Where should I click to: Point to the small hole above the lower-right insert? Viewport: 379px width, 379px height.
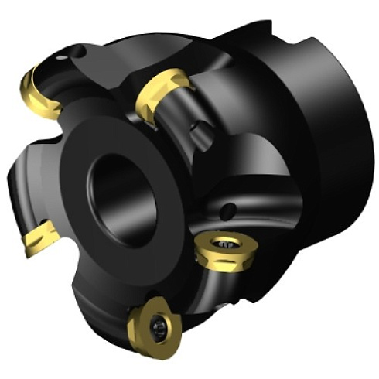tap(230, 209)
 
